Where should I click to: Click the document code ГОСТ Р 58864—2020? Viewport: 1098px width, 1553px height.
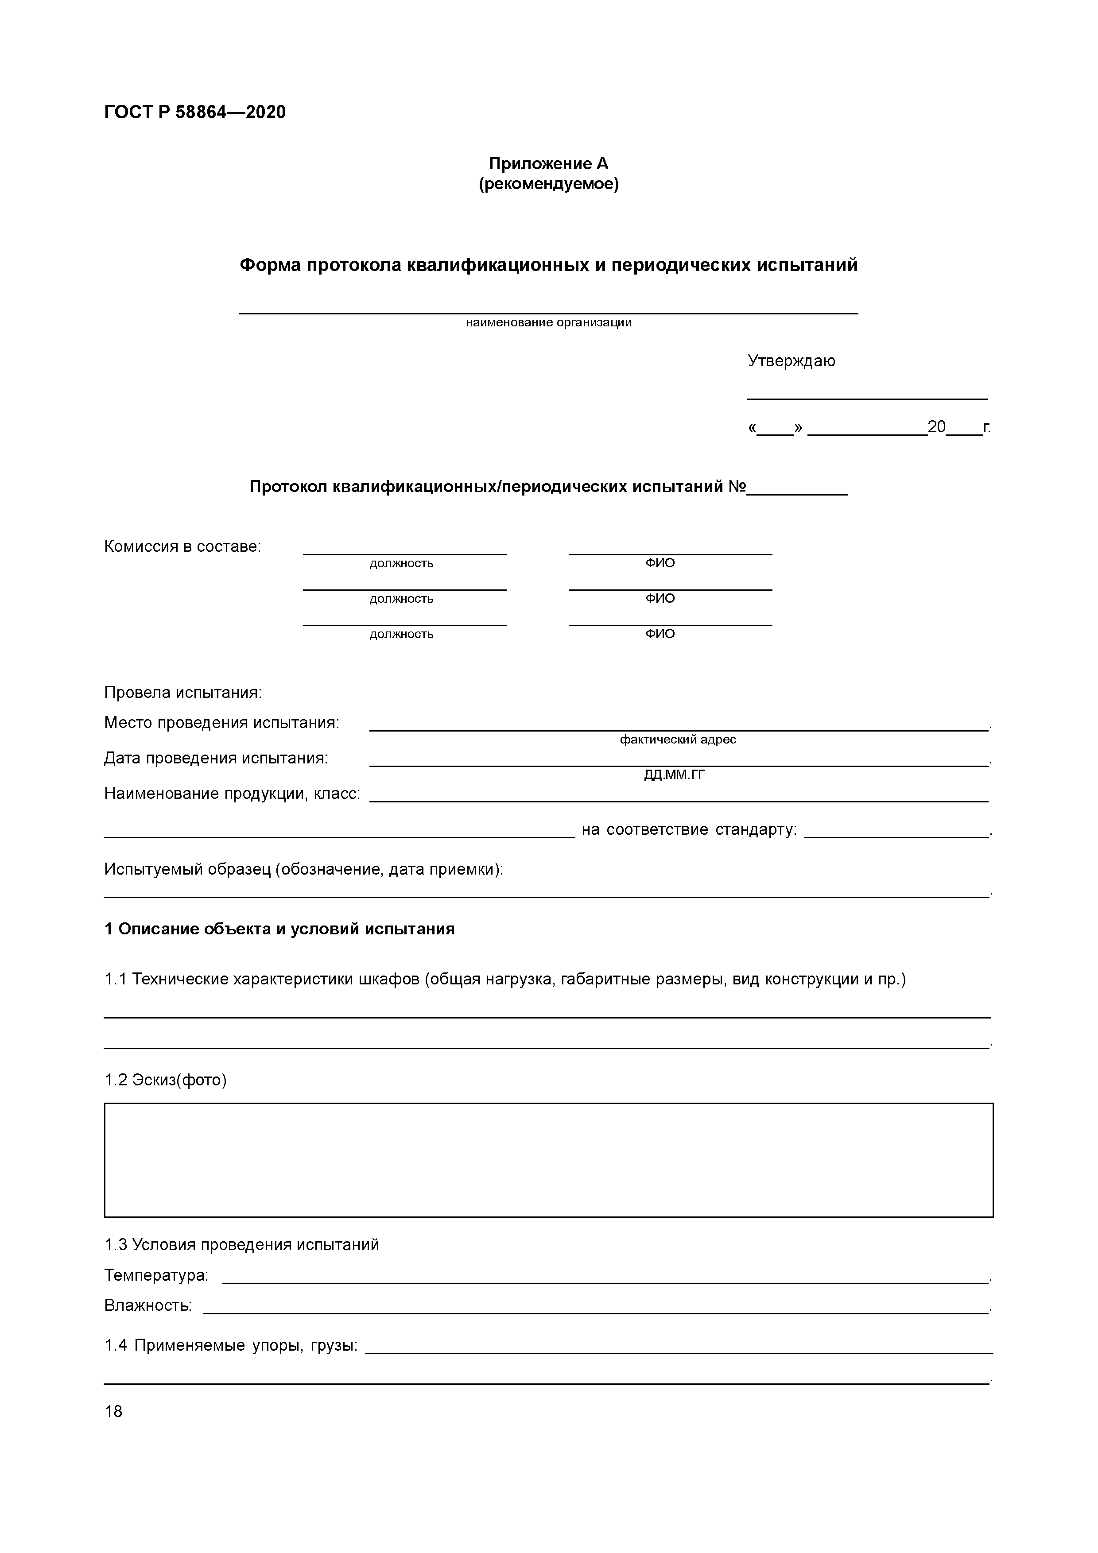click(x=195, y=112)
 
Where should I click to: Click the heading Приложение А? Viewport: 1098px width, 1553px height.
click(x=549, y=164)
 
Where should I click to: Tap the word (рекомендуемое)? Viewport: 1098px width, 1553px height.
click(x=549, y=184)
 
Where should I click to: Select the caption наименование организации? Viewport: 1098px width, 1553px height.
click(x=549, y=323)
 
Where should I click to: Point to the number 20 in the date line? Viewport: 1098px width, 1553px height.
click(x=936, y=427)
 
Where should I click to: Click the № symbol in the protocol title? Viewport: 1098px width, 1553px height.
click(x=737, y=487)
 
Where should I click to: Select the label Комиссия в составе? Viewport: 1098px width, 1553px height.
click(x=182, y=546)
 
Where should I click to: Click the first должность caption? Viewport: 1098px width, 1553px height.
click(x=401, y=563)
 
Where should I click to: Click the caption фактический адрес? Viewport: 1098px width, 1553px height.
click(x=678, y=740)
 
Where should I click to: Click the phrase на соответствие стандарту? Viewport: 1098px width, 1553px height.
click(x=689, y=830)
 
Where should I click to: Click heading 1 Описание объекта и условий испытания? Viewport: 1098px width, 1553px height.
click(x=279, y=929)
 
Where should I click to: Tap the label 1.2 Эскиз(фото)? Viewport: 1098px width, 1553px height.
click(x=165, y=1080)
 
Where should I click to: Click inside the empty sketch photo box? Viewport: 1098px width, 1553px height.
click(x=549, y=1160)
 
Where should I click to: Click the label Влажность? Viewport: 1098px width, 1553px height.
click(x=148, y=1305)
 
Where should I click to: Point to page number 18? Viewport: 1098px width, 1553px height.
click(x=114, y=1412)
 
